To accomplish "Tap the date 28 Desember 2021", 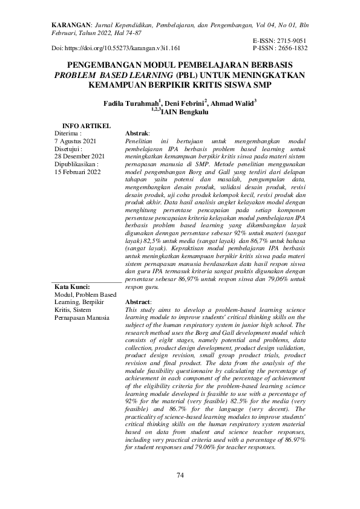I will pos(79,156).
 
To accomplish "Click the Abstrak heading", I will pos(137,132).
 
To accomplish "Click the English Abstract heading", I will pos(137,301).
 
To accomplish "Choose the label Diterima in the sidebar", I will pos(67,132).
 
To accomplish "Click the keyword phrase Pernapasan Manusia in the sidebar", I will pos(82,317).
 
